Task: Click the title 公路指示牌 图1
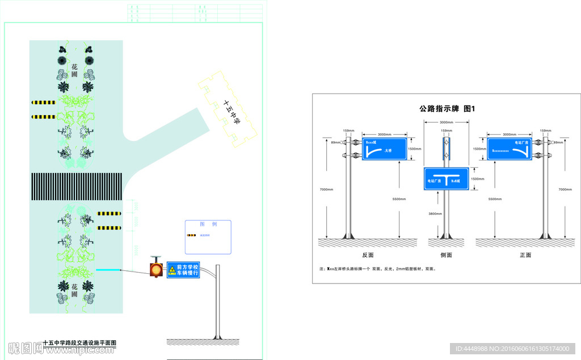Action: [x=447, y=108]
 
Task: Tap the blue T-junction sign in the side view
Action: [x=447, y=179]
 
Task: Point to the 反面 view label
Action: [x=368, y=255]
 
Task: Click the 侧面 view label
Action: [x=447, y=255]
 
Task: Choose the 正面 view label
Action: [x=525, y=255]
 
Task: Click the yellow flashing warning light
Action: [x=156, y=269]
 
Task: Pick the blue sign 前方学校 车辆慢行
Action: [x=183, y=270]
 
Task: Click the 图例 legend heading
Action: [x=208, y=224]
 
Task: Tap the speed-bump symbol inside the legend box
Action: [x=191, y=235]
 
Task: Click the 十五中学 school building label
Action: [x=231, y=113]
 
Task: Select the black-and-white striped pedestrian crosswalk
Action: [x=76, y=186]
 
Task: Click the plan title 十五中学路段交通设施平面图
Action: [x=80, y=343]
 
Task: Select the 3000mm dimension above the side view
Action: [x=447, y=122]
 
